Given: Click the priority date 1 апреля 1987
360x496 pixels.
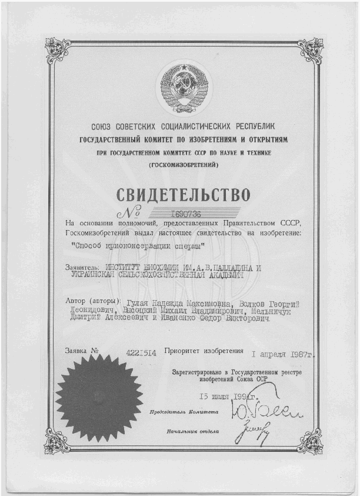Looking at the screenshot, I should point(282,355).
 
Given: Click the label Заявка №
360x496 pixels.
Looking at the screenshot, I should point(82,351).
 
